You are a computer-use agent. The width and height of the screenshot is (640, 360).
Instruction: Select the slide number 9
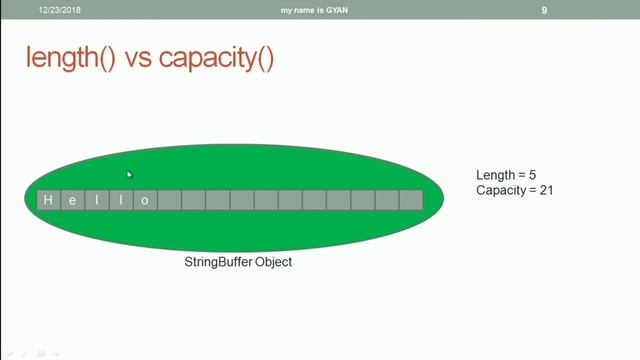click(544, 10)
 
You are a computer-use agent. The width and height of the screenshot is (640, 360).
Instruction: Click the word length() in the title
click(71, 59)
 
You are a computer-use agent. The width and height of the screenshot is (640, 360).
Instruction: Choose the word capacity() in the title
click(218, 59)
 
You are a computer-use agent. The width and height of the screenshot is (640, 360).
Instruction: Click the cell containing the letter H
click(48, 200)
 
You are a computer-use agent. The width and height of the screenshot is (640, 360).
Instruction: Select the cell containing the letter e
click(72, 200)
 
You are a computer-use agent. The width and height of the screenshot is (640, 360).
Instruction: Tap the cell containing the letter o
click(145, 200)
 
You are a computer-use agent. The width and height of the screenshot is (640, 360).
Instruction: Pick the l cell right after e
click(97, 200)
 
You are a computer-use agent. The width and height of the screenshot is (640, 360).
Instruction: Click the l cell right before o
click(121, 200)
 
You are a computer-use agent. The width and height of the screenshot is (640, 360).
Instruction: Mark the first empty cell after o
click(169, 200)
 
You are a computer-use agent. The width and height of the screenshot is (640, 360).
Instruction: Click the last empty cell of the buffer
click(411, 200)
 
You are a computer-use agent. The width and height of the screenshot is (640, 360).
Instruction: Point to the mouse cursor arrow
click(129, 174)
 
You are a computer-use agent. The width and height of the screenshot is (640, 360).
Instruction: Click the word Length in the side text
click(495, 176)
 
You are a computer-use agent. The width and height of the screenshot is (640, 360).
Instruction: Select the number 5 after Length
click(533, 176)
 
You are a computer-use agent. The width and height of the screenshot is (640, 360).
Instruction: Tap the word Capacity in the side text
click(501, 190)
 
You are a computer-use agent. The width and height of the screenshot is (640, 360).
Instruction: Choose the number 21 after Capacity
click(546, 190)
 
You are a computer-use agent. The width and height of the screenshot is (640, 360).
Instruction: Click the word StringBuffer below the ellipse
click(217, 262)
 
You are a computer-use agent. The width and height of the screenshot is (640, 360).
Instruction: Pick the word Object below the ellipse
click(272, 262)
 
